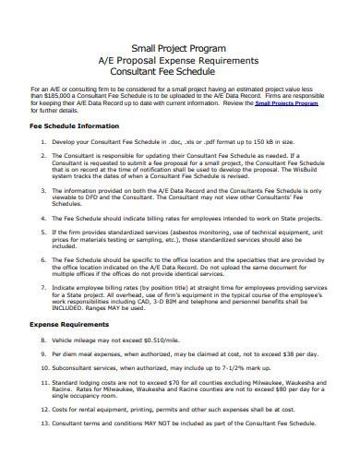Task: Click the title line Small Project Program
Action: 181,47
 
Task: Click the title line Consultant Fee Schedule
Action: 181,71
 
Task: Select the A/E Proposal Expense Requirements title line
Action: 181,59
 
